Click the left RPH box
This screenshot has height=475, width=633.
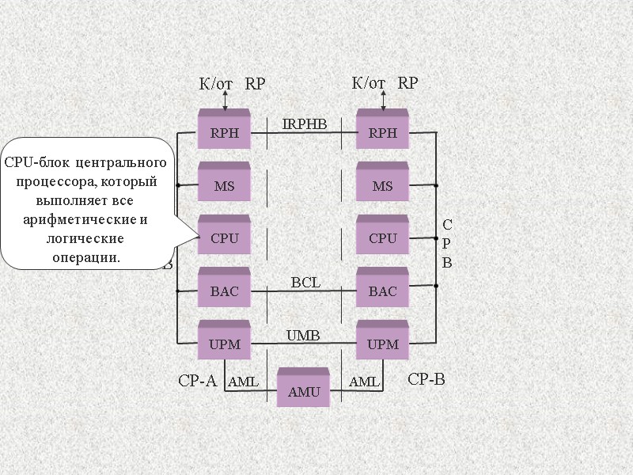(x=224, y=132)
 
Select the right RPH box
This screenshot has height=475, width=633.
(x=382, y=132)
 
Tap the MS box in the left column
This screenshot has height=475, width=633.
(x=224, y=185)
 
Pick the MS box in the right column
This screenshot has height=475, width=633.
(x=382, y=185)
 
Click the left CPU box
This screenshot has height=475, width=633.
(x=224, y=237)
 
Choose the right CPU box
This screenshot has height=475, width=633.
(x=382, y=237)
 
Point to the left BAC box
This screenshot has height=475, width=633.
(x=224, y=291)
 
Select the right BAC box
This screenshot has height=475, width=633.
(x=382, y=291)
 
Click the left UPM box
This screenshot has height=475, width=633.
(x=224, y=344)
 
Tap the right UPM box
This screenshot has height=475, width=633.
(x=382, y=344)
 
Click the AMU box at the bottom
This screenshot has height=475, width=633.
(x=303, y=391)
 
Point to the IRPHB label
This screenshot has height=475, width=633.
(x=305, y=124)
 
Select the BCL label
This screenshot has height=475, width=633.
(x=305, y=282)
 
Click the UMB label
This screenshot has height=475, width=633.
(x=302, y=336)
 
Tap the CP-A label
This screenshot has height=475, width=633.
(x=197, y=381)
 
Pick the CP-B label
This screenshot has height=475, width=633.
(x=426, y=380)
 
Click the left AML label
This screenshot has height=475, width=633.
(x=243, y=382)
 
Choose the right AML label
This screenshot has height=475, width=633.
(x=365, y=382)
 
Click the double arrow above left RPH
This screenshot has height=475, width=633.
(x=226, y=101)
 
